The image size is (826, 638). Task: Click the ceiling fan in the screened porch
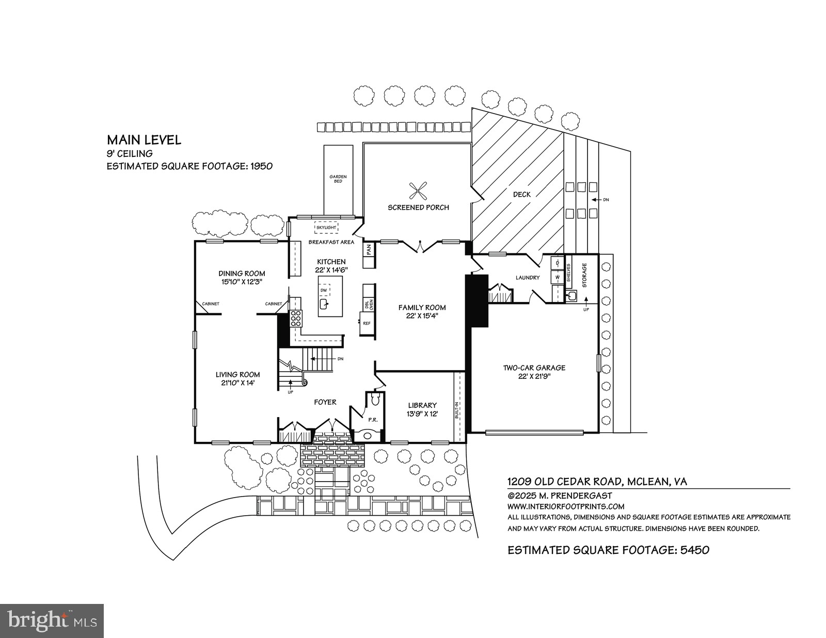[x=418, y=191]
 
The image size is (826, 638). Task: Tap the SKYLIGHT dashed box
[x=326, y=227]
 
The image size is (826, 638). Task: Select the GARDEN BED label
[x=338, y=179]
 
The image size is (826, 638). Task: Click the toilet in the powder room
[x=375, y=400]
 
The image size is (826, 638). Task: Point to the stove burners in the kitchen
[x=296, y=318]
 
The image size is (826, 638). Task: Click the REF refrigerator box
[x=367, y=323]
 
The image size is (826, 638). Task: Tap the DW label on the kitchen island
[x=324, y=291]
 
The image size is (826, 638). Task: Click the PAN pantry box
[x=369, y=250]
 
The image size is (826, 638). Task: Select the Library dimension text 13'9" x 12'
[x=422, y=414]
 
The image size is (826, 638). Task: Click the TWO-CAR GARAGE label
[x=534, y=368]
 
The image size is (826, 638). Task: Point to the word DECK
[x=522, y=195]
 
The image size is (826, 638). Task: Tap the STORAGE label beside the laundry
[x=584, y=275]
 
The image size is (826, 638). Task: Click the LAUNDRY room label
[x=528, y=278]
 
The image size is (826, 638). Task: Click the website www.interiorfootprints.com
[x=566, y=506]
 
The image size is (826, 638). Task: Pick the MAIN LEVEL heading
[x=144, y=140]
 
